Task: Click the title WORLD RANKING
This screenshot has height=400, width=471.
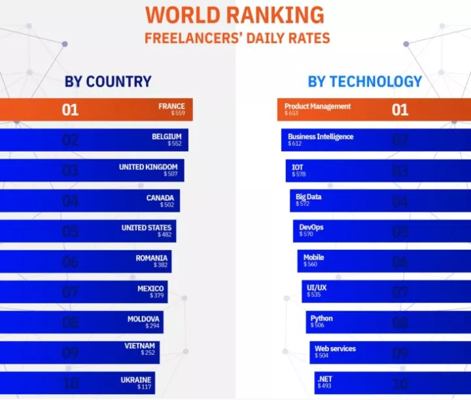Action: [235, 14]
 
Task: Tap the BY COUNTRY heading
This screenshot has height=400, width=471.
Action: [108, 82]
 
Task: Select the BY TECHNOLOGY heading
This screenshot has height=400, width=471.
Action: [365, 82]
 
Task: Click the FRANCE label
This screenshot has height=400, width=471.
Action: [171, 106]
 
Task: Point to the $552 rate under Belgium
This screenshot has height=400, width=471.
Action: [175, 144]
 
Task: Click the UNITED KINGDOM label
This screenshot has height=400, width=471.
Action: [148, 167]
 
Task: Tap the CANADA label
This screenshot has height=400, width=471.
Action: [160, 197]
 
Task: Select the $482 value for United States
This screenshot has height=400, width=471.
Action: [164, 235]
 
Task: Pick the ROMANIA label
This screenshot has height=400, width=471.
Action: [152, 258]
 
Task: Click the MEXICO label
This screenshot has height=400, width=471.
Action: [150, 288]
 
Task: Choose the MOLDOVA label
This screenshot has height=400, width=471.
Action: [144, 319]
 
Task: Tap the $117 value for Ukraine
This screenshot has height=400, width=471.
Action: [144, 387]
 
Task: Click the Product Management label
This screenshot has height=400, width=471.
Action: [317, 106]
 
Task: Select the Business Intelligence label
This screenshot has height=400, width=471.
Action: [321, 137]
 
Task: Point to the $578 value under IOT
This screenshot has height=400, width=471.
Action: [299, 174]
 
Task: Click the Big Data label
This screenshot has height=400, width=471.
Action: [309, 197]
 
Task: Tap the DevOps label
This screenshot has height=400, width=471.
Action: [311, 227]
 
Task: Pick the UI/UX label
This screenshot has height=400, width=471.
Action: [317, 288]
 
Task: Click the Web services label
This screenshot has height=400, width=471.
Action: [335, 348]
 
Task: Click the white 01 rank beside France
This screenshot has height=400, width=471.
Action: [70, 109]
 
